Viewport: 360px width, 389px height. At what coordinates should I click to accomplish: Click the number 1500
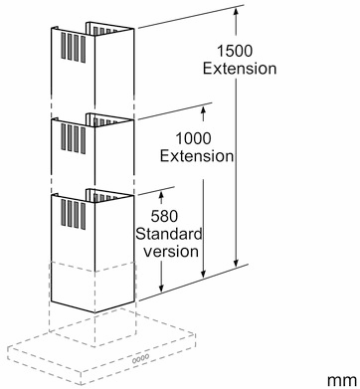(x=235, y=52)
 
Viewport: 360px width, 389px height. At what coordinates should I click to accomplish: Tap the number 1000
(x=193, y=138)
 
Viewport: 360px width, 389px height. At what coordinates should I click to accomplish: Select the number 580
(x=164, y=217)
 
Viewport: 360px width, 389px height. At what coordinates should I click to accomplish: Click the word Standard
(x=169, y=234)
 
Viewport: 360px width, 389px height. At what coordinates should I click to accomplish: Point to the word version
(x=171, y=252)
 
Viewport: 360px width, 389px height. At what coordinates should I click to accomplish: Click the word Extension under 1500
(x=240, y=69)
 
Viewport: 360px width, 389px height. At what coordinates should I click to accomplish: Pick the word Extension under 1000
(x=197, y=156)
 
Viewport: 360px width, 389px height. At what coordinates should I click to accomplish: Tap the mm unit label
(x=342, y=380)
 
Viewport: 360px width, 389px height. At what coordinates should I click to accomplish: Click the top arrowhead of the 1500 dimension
(x=236, y=10)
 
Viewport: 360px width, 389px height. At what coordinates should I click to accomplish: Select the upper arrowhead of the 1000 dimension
(x=204, y=109)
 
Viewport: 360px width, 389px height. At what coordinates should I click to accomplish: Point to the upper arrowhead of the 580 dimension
(x=161, y=194)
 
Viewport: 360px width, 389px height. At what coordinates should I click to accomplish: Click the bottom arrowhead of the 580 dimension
(x=161, y=289)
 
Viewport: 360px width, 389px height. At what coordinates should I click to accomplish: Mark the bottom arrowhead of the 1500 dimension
(x=236, y=264)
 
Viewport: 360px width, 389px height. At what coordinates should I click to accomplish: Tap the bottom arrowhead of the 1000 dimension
(x=204, y=274)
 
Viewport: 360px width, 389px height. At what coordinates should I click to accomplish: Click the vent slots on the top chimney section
(x=73, y=48)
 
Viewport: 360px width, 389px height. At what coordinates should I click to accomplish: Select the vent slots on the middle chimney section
(x=73, y=138)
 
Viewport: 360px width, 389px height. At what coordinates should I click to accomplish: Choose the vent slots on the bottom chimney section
(x=73, y=214)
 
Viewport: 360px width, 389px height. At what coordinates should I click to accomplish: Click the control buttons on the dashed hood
(x=140, y=359)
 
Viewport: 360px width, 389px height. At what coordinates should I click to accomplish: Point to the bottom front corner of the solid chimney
(x=94, y=312)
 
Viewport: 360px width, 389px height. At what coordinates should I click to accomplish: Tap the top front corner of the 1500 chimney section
(x=94, y=36)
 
